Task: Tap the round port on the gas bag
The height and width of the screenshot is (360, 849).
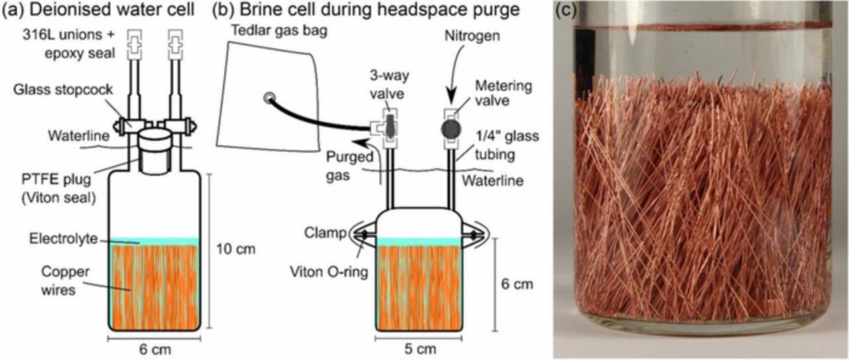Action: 269,97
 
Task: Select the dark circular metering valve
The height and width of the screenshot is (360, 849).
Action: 450,127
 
